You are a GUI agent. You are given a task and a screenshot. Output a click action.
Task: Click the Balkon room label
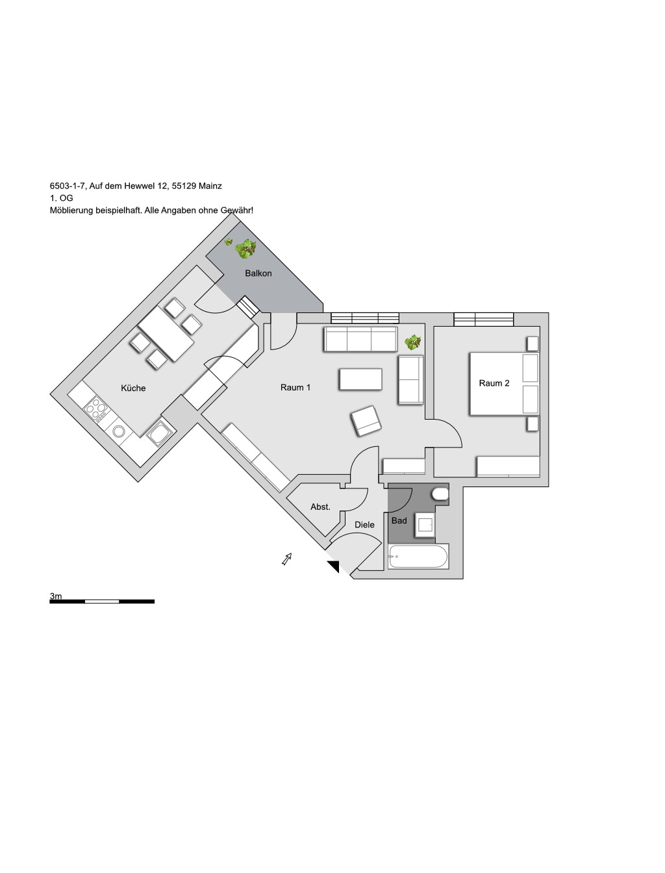(258, 273)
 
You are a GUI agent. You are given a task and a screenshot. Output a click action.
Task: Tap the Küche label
(133, 388)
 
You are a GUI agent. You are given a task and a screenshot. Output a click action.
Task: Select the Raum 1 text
(295, 387)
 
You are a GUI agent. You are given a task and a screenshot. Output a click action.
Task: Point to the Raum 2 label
(494, 383)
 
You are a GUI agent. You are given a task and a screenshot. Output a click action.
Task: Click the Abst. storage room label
(320, 507)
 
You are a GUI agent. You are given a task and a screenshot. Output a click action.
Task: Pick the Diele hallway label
(364, 525)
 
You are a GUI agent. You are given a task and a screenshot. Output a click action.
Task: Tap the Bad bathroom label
(399, 521)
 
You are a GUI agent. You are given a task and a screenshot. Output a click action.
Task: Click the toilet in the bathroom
(440, 494)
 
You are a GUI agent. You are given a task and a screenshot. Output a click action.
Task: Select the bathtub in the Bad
(418, 556)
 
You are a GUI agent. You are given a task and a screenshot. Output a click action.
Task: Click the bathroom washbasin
(425, 525)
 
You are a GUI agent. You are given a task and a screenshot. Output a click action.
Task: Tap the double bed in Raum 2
(504, 384)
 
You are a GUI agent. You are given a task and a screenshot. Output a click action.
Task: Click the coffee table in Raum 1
(360, 379)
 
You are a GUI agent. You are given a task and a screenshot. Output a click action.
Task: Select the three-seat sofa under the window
(360, 339)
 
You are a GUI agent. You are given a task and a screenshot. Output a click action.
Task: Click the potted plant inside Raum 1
(412, 342)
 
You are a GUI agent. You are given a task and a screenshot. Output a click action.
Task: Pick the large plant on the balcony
(245, 249)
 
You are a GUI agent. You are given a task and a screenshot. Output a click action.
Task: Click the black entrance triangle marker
(334, 566)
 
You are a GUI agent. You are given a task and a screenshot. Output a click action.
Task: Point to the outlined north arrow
(287, 559)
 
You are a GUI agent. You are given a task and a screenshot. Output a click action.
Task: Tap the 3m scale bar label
(56, 596)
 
